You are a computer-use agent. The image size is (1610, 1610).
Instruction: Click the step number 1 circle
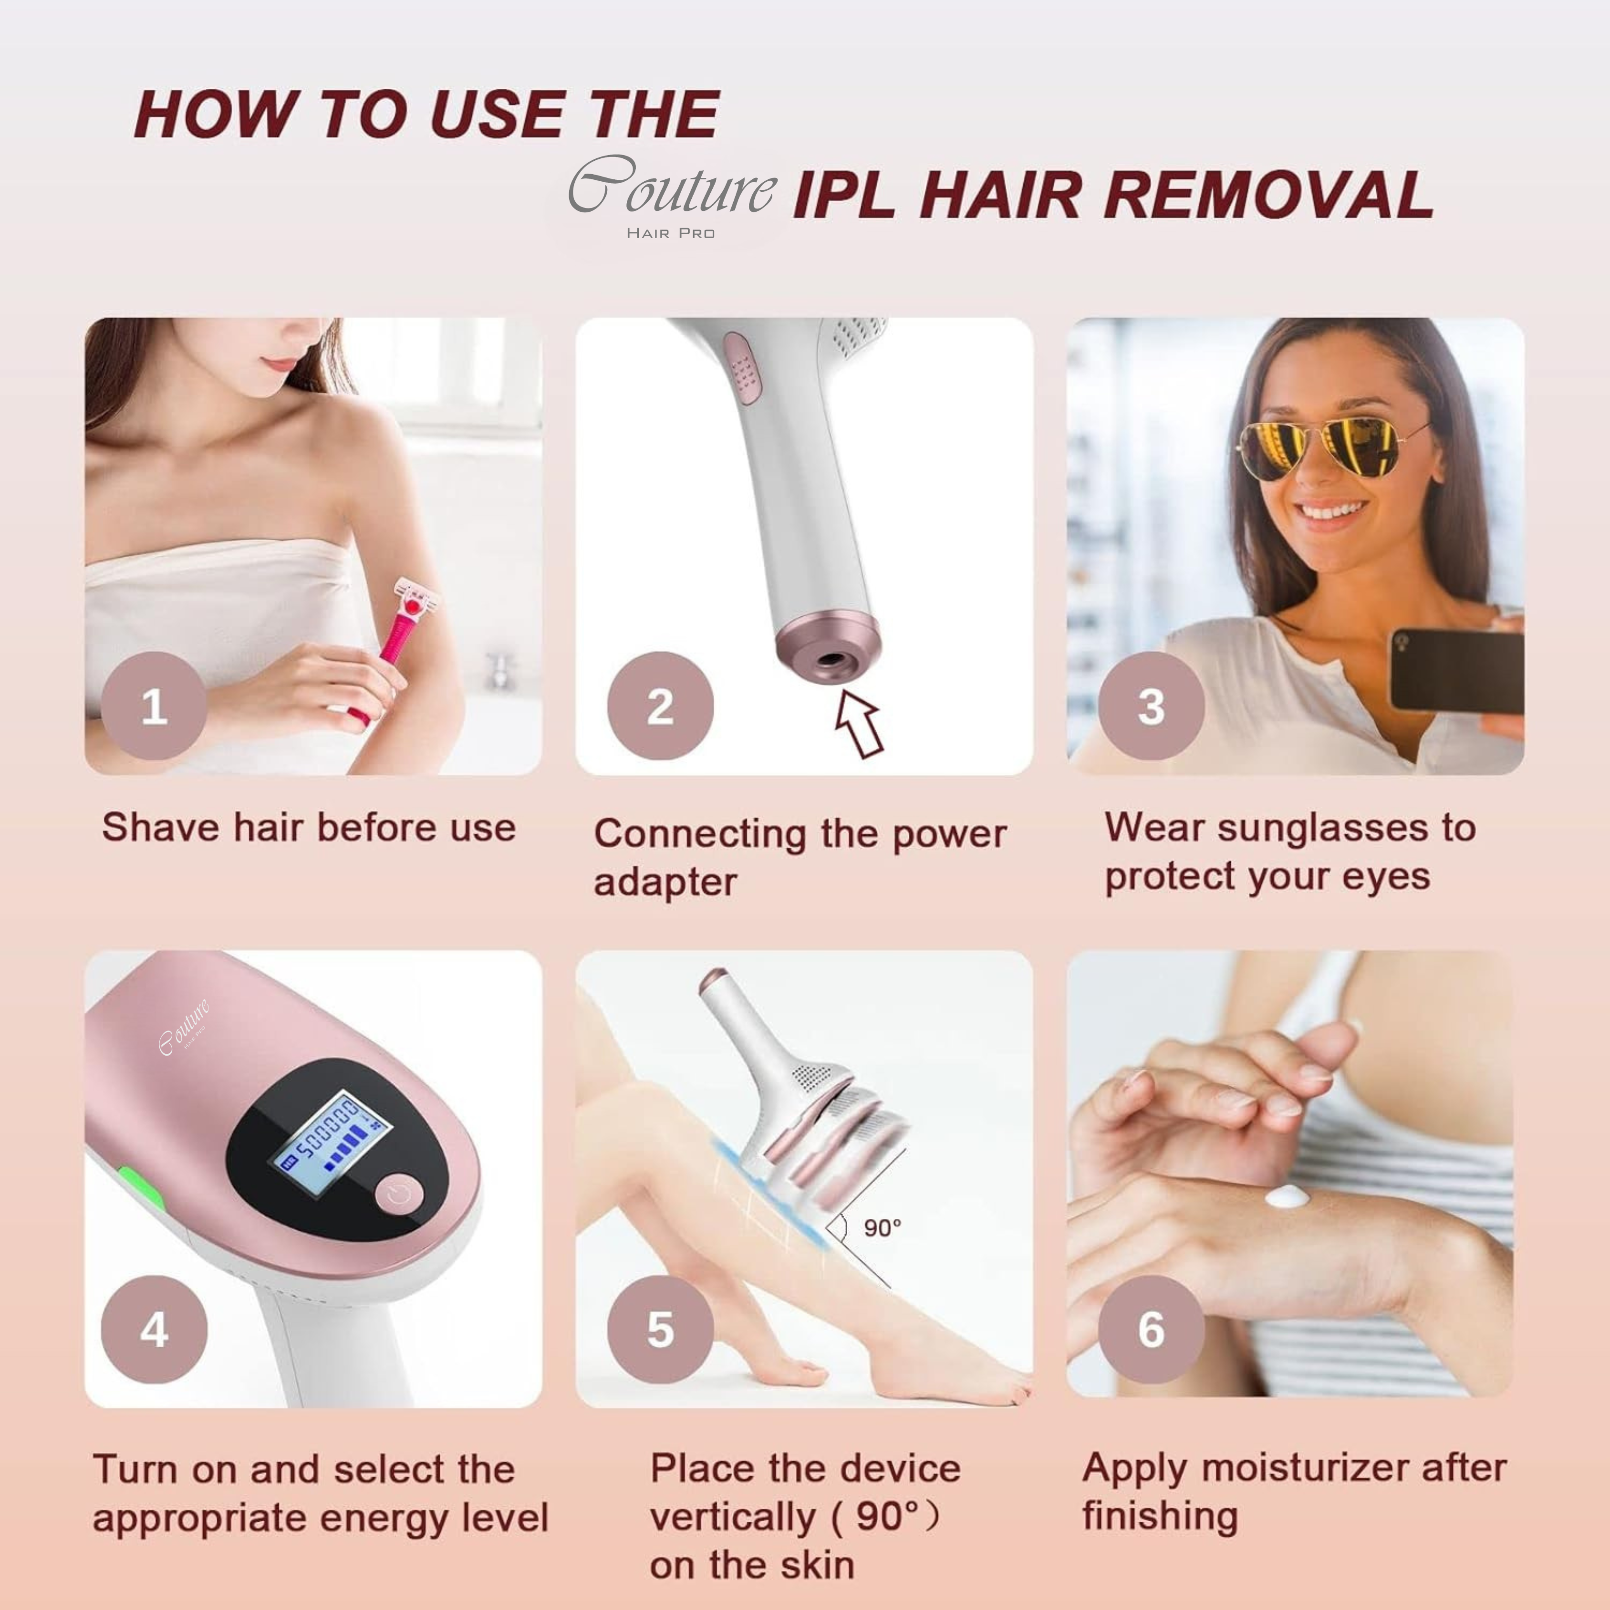[x=154, y=706]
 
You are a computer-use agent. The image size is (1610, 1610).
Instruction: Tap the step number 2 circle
[x=660, y=706]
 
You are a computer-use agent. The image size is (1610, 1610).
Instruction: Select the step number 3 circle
[x=1151, y=706]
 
